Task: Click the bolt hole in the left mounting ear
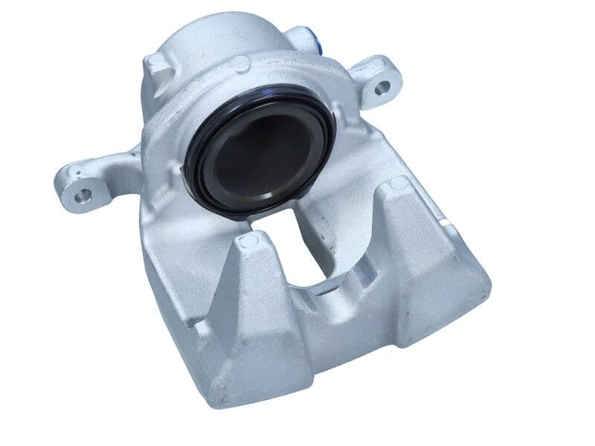83,195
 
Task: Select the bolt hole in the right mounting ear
382,88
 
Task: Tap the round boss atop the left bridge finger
248,239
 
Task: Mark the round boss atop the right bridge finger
399,183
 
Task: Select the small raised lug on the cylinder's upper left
157,62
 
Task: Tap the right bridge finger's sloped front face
424,260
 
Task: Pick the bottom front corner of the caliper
223,401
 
